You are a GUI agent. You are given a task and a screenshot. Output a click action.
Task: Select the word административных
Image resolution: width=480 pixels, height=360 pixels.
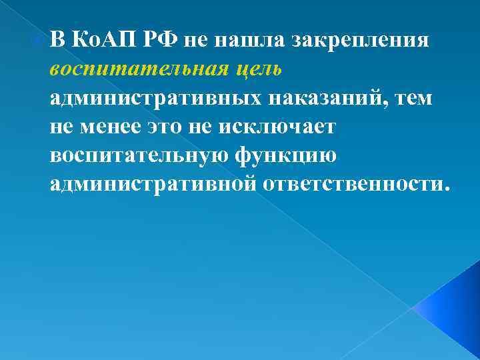(x=156, y=98)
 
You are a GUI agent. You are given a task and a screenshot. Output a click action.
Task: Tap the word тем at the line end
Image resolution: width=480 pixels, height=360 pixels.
(x=414, y=98)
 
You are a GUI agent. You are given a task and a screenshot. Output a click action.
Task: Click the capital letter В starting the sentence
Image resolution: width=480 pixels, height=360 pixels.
(x=57, y=41)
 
